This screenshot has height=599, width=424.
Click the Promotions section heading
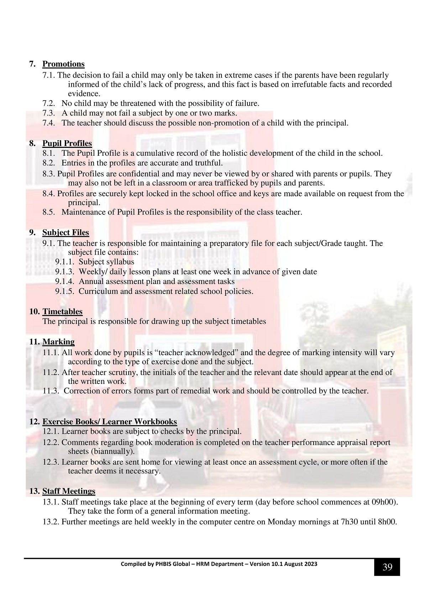pyautogui.click(x=63, y=64)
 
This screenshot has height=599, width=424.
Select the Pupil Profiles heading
pyautogui.click(x=67, y=143)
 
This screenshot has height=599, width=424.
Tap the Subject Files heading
pyautogui.click(x=66, y=232)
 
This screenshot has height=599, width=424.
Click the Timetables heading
pyautogui.click(x=62, y=311)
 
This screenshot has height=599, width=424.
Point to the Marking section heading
pyautogui.click(x=58, y=342)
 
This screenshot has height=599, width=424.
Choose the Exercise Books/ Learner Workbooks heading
pyautogui.click(x=110, y=422)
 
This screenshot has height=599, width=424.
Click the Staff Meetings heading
pyautogui.click(x=69, y=491)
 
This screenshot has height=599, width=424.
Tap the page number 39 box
pyautogui.click(x=387, y=567)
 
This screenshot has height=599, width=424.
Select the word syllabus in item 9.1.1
pyautogui.click(x=120, y=262)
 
